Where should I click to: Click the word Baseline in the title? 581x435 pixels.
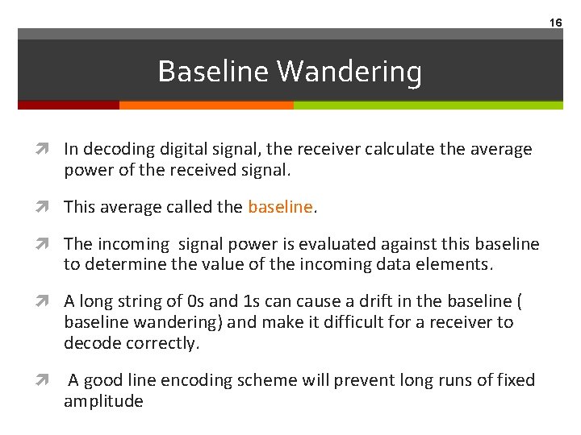coord(213,72)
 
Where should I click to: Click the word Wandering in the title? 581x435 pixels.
coord(349,72)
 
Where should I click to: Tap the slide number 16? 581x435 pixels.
coord(556,23)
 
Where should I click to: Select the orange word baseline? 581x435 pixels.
coord(280,207)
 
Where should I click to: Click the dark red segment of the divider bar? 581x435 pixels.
coord(69,105)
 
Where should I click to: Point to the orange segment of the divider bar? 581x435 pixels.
coord(206,105)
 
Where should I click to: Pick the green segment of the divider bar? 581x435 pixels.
coord(428,105)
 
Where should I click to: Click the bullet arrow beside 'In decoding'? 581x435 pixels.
coord(51,149)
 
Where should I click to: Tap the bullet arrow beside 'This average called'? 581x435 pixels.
coord(51,207)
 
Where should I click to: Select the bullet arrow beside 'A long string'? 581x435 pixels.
coord(51,301)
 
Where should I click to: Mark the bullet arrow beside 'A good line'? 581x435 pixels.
coord(51,380)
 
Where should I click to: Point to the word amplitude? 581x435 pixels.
coord(103,401)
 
